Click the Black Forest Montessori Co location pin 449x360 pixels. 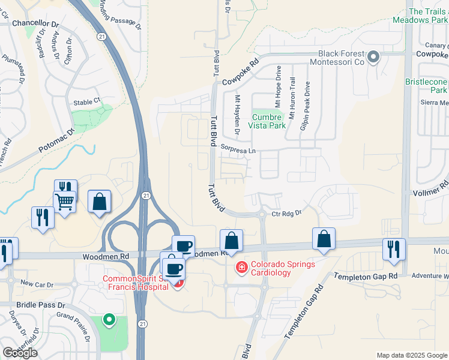[x=373, y=58]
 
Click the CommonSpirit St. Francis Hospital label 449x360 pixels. [x=135, y=283]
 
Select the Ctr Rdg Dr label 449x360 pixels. [x=285, y=213]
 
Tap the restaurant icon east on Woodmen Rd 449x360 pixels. [x=394, y=248]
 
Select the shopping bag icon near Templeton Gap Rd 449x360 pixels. [x=324, y=239]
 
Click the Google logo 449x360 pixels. [x=19, y=353]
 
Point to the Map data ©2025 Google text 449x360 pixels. [x=411, y=355]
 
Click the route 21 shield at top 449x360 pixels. [x=103, y=37]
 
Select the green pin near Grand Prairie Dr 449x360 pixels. [x=109, y=320]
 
